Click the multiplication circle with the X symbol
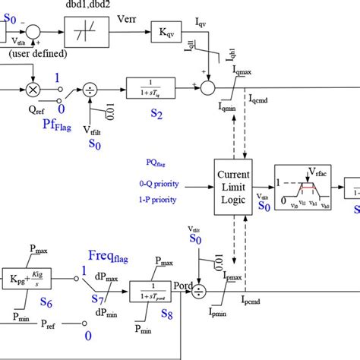coord(33,89)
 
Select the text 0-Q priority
coord(160,183)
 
